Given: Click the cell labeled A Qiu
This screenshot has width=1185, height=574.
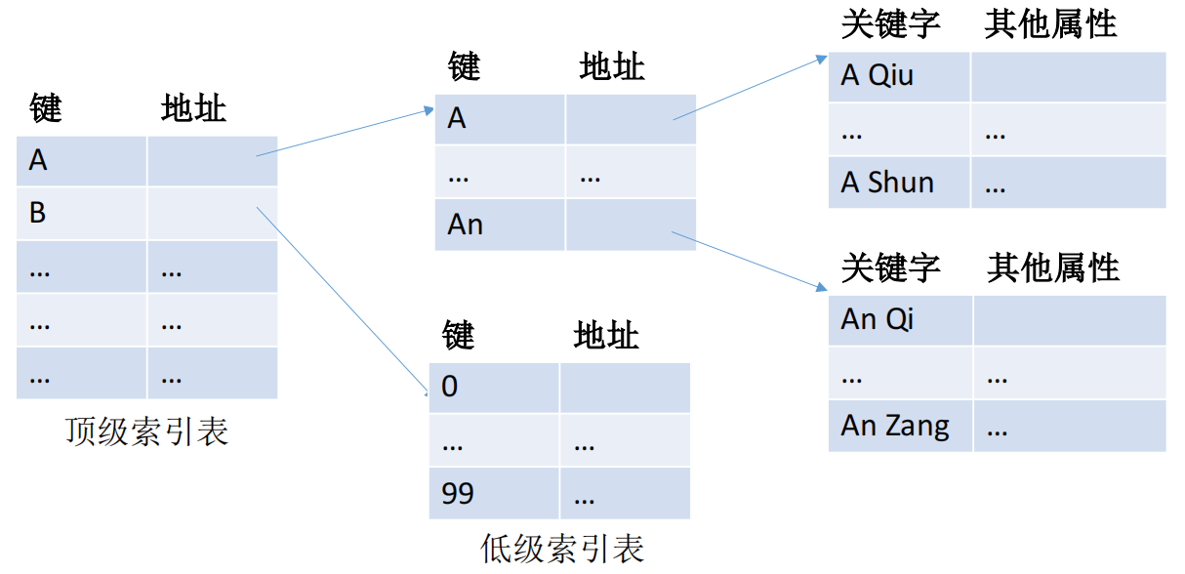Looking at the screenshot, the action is [899, 77].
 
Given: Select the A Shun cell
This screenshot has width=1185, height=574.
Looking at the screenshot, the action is [899, 183].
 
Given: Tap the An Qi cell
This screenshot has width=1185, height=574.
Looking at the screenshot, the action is [900, 320].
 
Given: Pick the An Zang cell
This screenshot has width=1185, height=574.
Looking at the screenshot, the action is [900, 426].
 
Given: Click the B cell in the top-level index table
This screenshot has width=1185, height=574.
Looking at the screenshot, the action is [81, 213].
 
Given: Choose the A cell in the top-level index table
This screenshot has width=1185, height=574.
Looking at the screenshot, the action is [81, 161].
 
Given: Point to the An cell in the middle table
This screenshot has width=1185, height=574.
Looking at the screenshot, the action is [500, 225].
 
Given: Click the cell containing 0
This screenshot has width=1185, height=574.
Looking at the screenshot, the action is [494, 388].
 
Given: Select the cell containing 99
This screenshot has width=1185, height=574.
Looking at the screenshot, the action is [494, 493].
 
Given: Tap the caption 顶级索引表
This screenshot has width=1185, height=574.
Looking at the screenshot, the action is [146, 431].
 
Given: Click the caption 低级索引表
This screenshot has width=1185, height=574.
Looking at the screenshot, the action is [562, 548].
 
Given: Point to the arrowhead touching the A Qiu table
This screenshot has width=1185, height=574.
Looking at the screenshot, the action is [822, 59].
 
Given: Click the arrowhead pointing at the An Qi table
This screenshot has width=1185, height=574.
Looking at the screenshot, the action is [822, 287].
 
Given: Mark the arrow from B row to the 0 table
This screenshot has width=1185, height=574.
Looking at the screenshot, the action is [343, 302].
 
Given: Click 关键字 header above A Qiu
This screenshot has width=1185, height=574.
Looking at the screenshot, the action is [891, 24].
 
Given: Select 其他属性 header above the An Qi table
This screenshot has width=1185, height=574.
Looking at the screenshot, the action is [1053, 267].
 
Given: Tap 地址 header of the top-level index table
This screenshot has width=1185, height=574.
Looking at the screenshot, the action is [193, 108].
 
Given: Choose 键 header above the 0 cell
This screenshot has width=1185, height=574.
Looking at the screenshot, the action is [459, 335].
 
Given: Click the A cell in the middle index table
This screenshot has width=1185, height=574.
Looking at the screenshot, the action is [500, 119].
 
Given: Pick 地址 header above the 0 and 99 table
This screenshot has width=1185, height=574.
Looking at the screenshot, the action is [606, 335].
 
